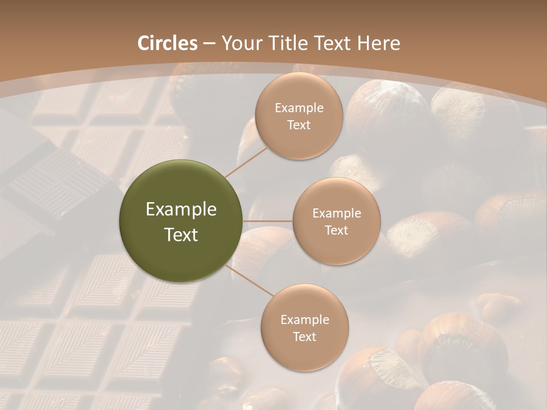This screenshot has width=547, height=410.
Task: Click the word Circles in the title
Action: pyautogui.click(x=168, y=43)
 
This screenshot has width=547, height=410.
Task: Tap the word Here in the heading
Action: pyautogui.click(x=378, y=43)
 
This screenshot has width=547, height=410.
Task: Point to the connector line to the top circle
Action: pyautogui.click(x=247, y=162)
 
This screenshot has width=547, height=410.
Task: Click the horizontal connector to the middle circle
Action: pyautogui.click(x=268, y=221)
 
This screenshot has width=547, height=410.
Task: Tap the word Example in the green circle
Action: pyautogui.click(x=181, y=210)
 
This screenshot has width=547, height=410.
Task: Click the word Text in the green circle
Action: pyautogui.click(x=181, y=235)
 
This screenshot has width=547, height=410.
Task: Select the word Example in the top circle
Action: pyautogui.click(x=299, y=108)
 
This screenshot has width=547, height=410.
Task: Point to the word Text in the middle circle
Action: pyautogui.click(x=336, y=230)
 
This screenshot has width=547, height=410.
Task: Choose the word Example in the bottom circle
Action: pyautogui.click(x=305, y=320)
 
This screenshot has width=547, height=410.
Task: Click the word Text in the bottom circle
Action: pyautogui.click(x=304, y=337)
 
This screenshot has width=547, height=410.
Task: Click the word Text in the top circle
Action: pyautogui.click(x=299, y=125)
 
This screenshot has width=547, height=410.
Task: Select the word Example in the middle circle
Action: pyautogui.click(x=337, y=214)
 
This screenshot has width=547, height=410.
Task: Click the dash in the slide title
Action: pyautogui.click(x=209, y=44)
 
